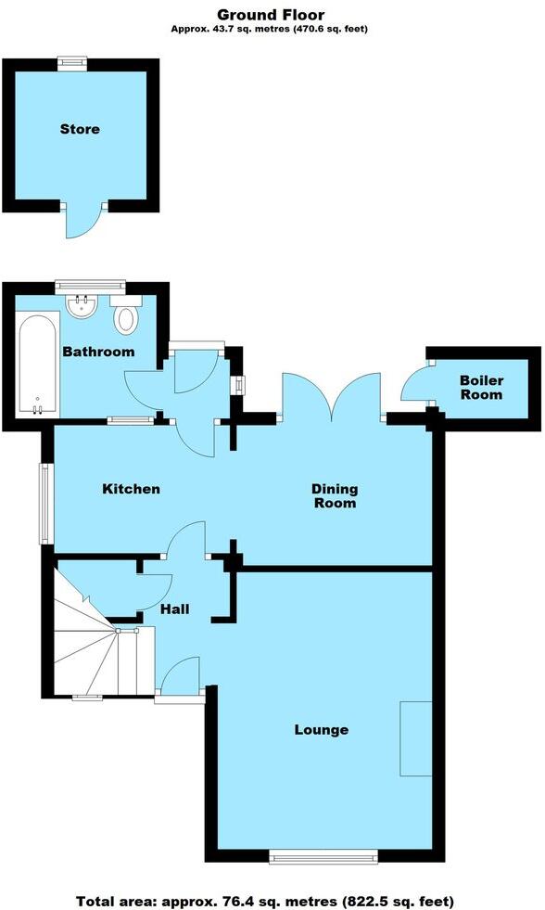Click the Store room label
(80, 129)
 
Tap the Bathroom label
(97, 352)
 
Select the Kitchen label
(131, 489)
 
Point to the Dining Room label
(334, 496)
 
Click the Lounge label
(322, 729)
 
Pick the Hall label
(174, 609)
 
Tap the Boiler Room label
(483, 388)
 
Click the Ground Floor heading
(272, 14)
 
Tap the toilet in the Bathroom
(126, 315)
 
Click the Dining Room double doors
(331, 395)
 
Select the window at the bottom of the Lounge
(323, 855)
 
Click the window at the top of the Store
(71, 63)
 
